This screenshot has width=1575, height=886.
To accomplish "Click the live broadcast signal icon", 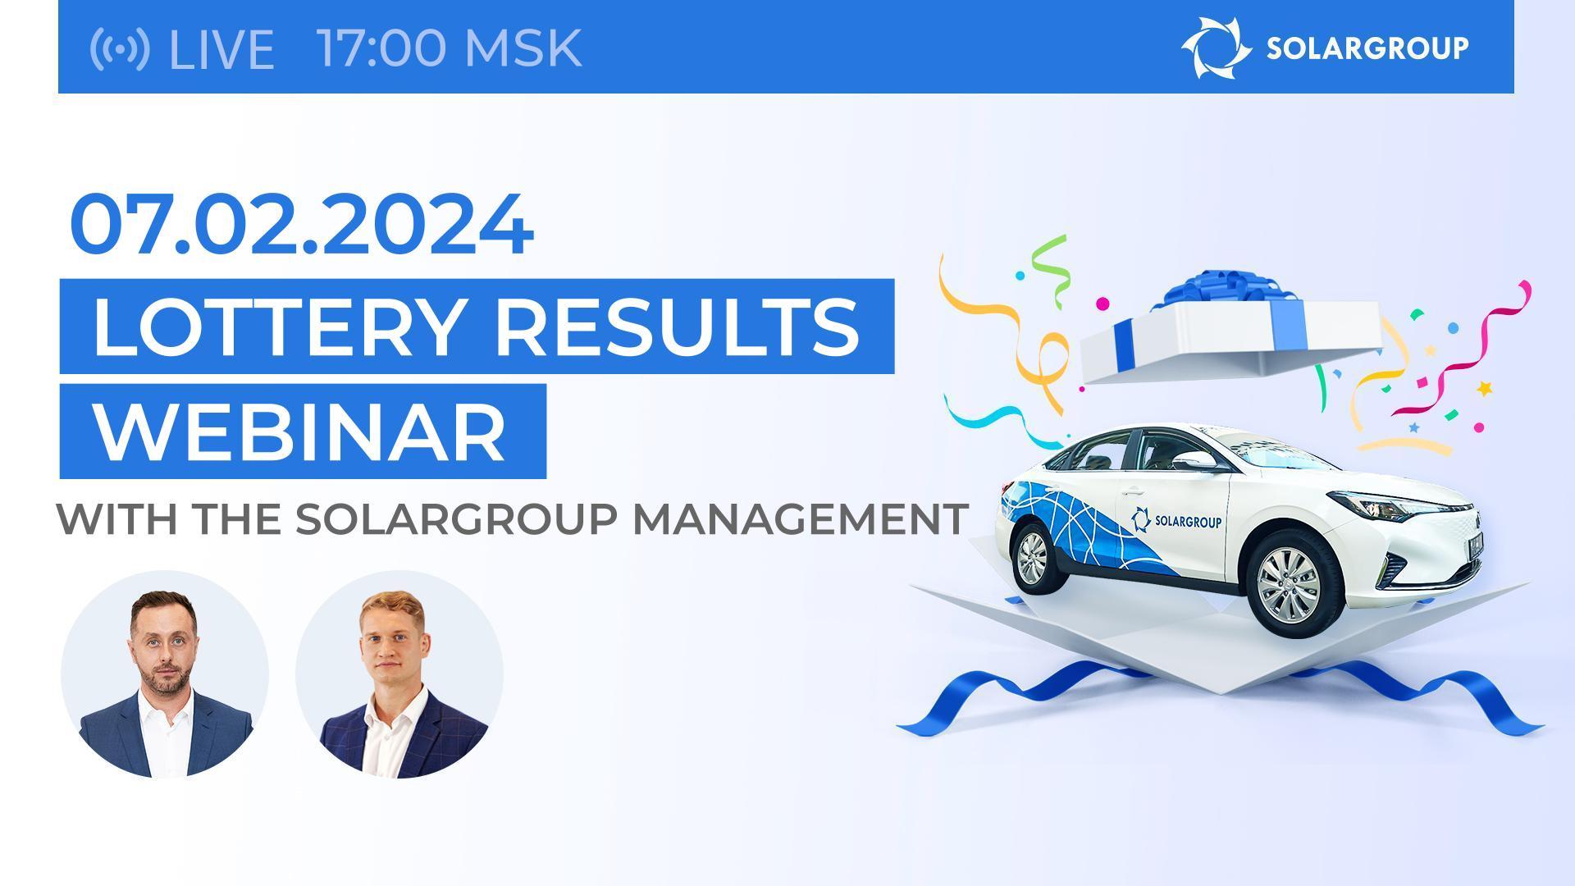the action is tap(120, 48).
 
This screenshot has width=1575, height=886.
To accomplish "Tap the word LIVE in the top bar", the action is tap(221, 48).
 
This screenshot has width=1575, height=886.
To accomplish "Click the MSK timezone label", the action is tap(523, 48).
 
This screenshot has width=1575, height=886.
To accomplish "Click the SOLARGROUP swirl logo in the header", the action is tap(1216, 48).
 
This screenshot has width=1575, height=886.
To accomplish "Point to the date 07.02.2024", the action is tap(302, 224).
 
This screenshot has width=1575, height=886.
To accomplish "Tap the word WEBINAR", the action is tap(301, 432).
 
